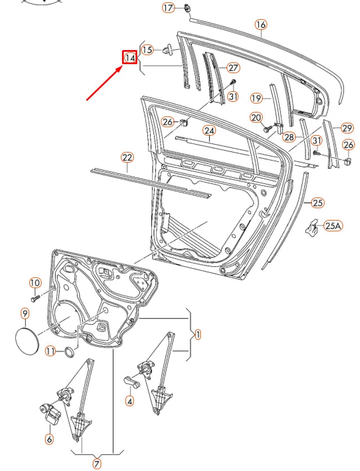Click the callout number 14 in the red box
coord(130,57)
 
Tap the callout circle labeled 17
coord(169,8)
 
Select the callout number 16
coord(260,25)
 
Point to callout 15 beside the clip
coord(147,50)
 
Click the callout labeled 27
coord(233,68)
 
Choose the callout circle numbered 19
coord(256,98)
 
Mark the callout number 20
coord(256,117)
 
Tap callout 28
coord(289,137)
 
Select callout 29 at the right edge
coord(347,128)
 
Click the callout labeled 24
coord(209,131)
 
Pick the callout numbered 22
coord(127,158)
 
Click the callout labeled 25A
coord(333,226)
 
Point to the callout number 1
coord(197,334)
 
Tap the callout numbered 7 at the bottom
coord(97,464)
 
